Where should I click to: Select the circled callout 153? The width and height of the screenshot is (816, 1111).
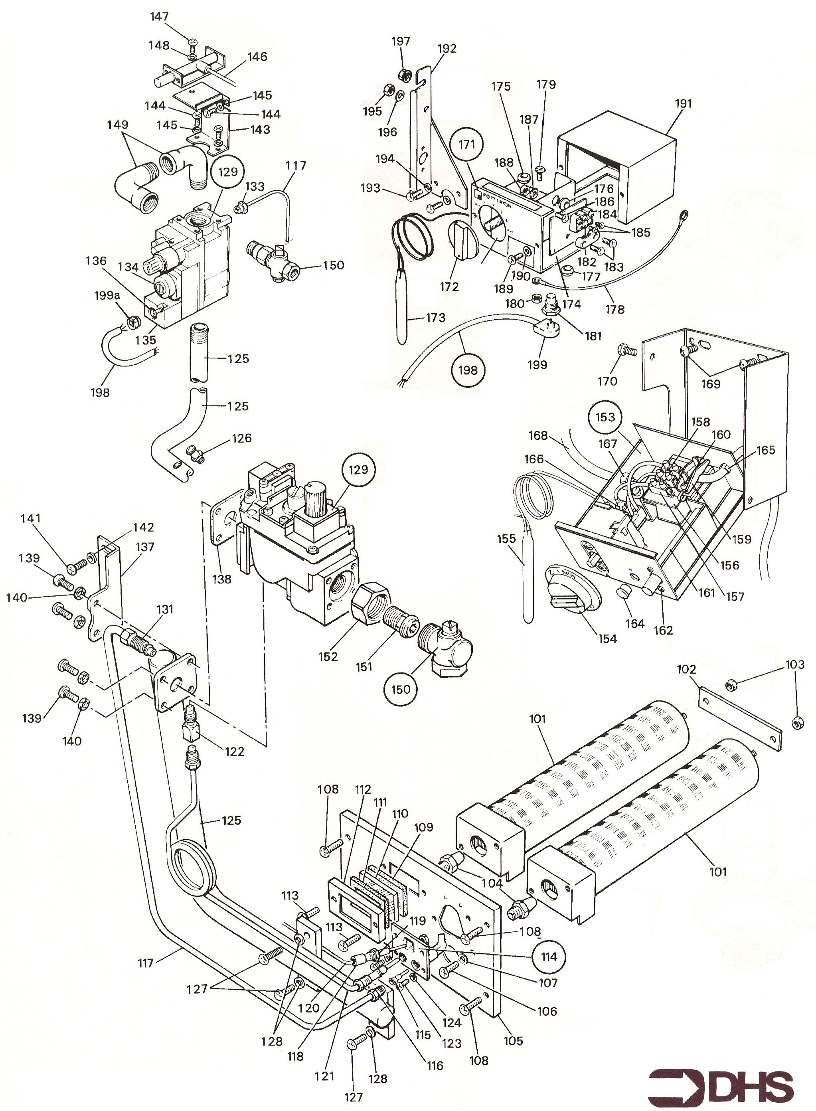pyautogui.click(x=605, y=417)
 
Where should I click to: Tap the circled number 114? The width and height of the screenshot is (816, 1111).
pyautogui.click(x=549, y=957)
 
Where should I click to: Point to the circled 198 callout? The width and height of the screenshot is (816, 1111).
pyautogui.click(x=468, y=370)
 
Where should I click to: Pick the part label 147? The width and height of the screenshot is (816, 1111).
pyautogui.click(x=160, y=17)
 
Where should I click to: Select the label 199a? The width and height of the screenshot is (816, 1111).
pyautogui.click(x=107, y=296)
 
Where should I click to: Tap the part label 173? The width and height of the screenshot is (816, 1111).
pyautogui.click(x=435, y=317)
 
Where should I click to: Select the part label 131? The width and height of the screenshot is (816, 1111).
pyautogui.click(x=164, y=609)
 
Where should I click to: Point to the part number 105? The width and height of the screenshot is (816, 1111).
pyautogui.click(x=513, y=1040)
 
